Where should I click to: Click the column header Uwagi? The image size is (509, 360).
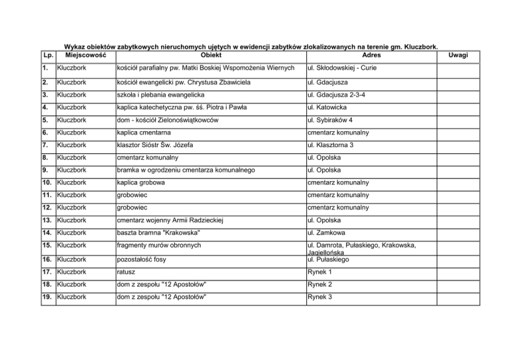(x=458, y=55)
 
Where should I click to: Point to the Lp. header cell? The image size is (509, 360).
(x=46, y=55)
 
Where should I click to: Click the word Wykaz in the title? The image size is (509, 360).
(x=74, y=47)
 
